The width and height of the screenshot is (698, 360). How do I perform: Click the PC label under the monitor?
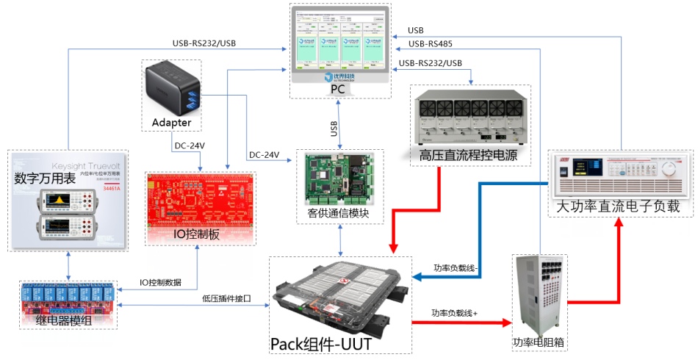[337, 89]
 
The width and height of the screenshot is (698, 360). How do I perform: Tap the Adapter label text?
[172, 122]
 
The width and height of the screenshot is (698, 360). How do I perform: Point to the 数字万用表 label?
[44, 179]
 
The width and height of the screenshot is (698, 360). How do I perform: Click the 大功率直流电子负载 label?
[621, 207]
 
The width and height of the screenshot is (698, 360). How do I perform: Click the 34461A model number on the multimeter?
[111, 188]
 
